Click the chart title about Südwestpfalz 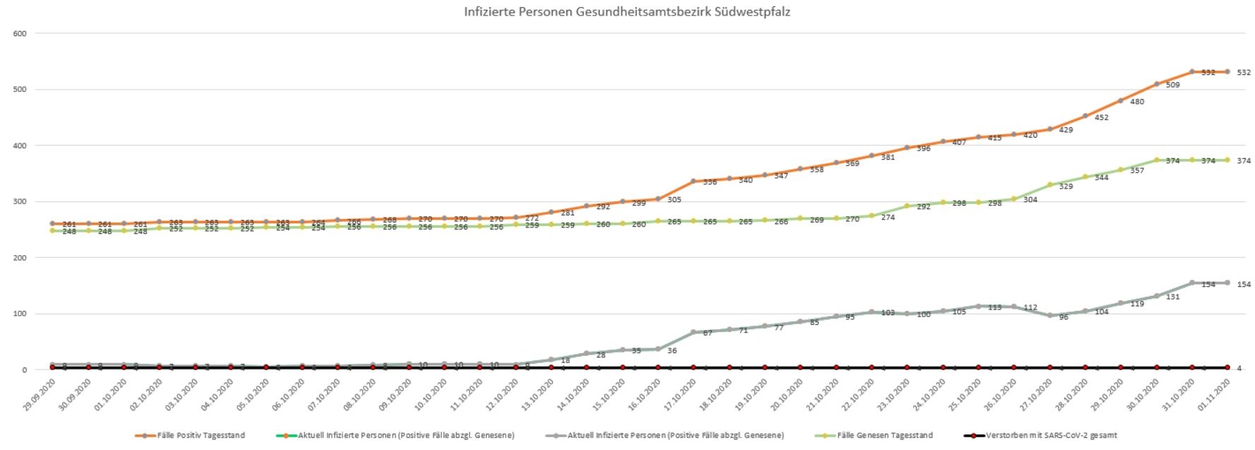point(626,11)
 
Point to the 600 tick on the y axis point(19,33)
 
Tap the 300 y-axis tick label point(19,201)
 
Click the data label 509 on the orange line point(1172,85)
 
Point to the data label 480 point(1137,102)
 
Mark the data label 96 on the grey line point(1064,317)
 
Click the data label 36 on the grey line point(672,351)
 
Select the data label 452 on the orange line point(1101,117)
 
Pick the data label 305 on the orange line point(674,200)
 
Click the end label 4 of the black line point(1239,368)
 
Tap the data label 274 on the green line point(888,218)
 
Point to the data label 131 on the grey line point(1172,297)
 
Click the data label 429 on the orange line point(1066,130)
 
